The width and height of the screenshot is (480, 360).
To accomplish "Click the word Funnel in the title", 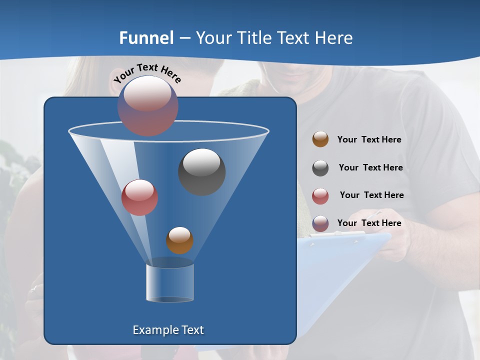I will (146, 38).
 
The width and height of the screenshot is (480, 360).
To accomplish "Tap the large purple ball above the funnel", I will (147, 105).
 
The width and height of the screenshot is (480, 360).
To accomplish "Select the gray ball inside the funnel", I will (201, 171).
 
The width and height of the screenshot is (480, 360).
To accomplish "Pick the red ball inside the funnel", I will (139, 197).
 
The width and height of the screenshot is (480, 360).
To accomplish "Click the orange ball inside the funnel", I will (179, 240).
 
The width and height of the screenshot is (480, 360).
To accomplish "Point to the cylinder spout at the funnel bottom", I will (169, 282).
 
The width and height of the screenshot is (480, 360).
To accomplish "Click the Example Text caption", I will (168, 330).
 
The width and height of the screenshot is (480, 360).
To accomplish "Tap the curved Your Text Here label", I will (147, 72).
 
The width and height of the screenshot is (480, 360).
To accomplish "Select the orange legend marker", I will (320, 139).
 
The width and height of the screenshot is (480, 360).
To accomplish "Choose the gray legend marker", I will (320, 168).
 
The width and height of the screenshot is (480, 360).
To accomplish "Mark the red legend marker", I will (320, 196).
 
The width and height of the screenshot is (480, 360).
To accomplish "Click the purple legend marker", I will (320, 223).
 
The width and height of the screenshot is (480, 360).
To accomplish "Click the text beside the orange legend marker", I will (369, 140).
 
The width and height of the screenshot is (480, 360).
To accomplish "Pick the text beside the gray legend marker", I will (370, 168).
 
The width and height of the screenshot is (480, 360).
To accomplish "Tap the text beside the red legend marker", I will (371, 195).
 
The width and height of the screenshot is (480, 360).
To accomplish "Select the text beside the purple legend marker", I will (369, 223).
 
